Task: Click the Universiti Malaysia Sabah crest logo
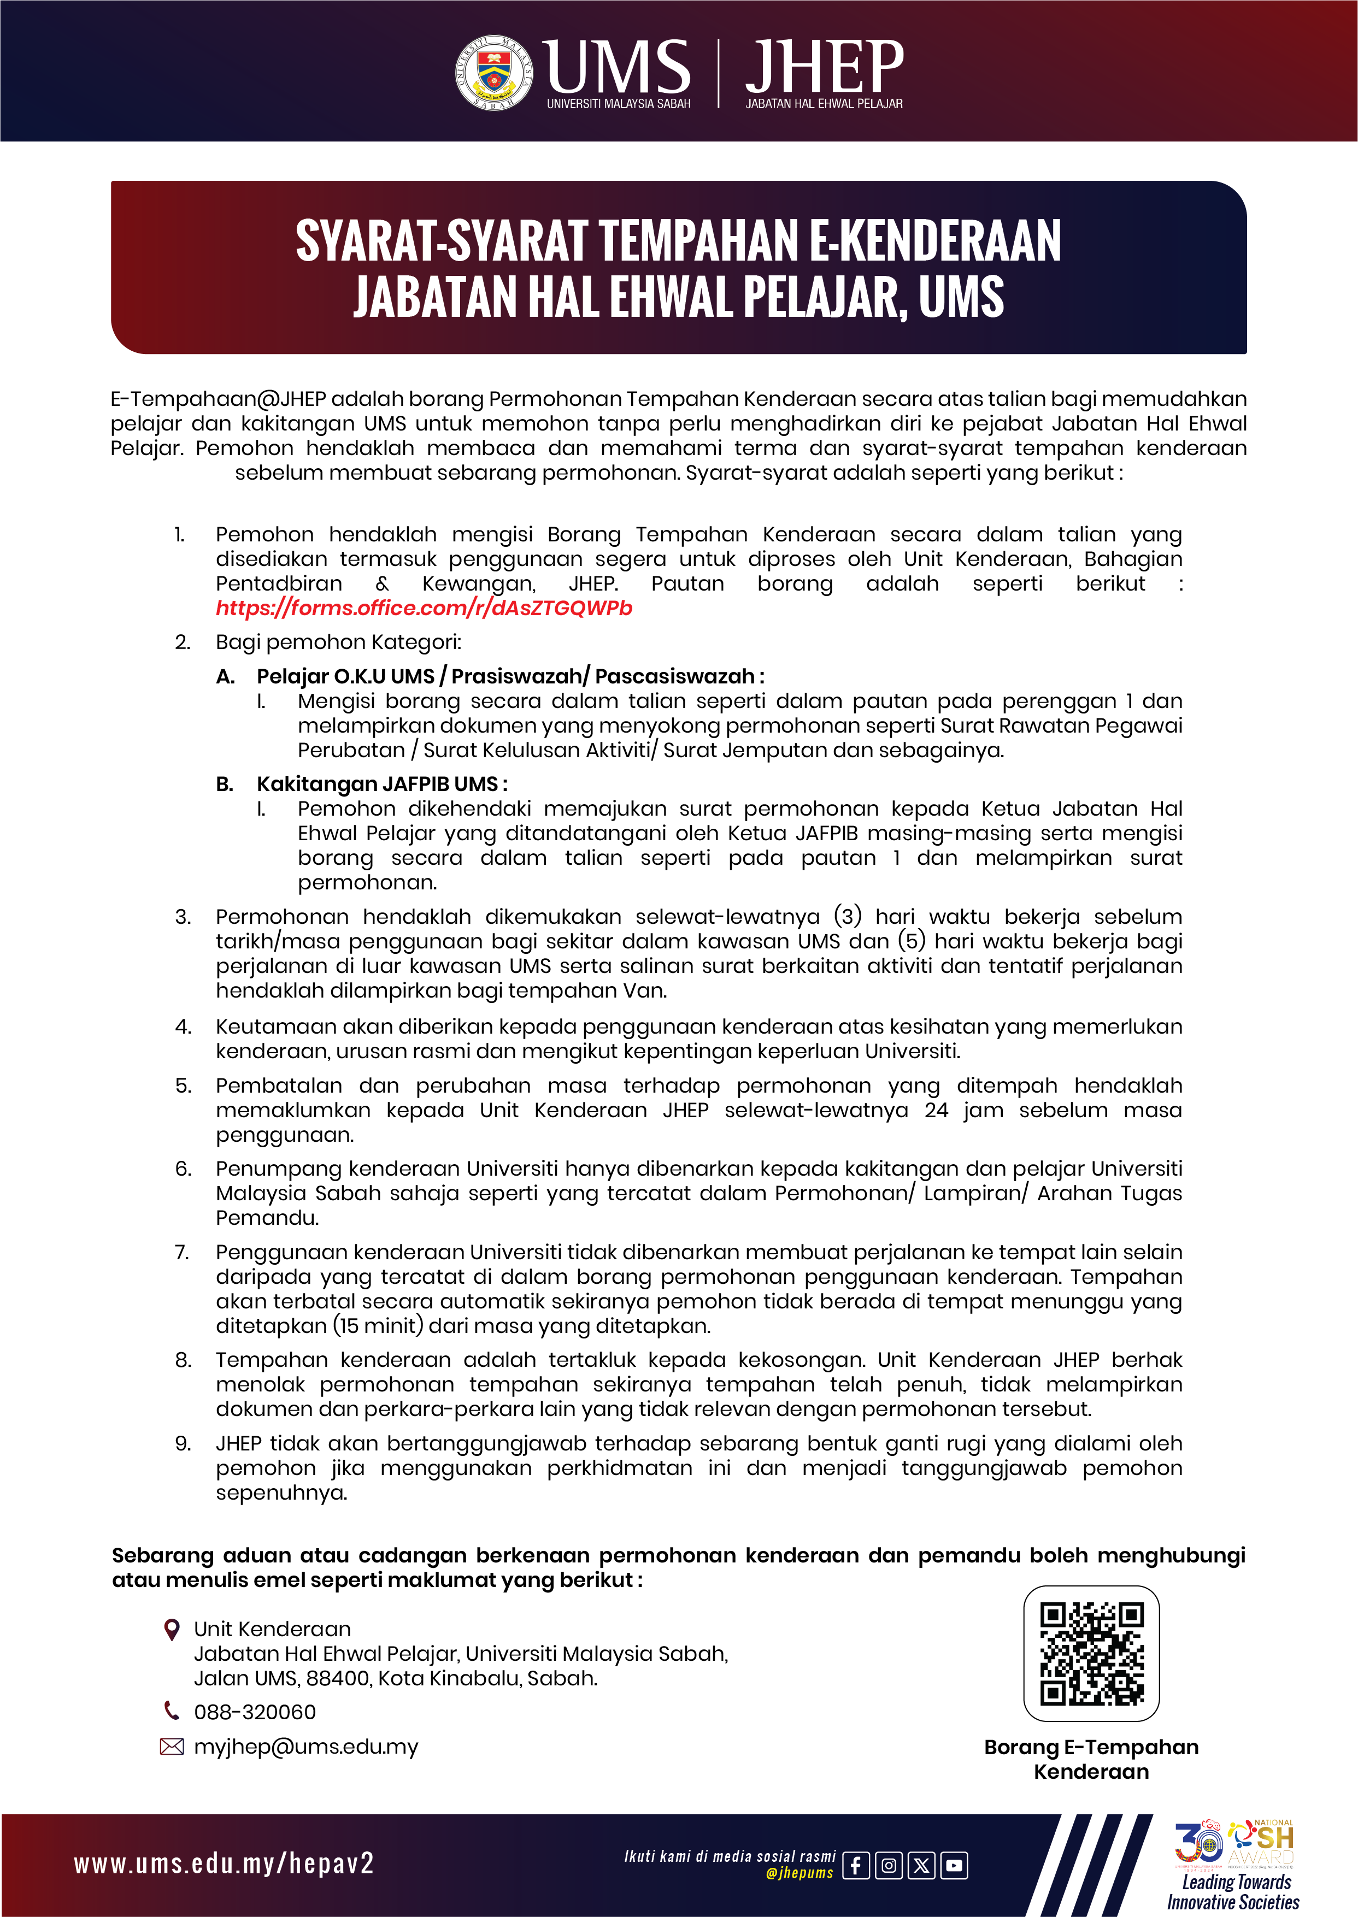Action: click(494, 73)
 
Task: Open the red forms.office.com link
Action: click(424, 608)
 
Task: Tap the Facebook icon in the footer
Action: click(855, 1865)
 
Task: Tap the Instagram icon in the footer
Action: click(888, 1865)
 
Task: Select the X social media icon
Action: click(921, 1865)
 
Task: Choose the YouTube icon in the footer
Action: click(954, 1865)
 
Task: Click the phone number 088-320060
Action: click(255, 1712)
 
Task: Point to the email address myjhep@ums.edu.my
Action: click(306, 1747)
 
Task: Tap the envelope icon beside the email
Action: click(172, 1747)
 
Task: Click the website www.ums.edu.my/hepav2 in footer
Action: click(224, 1863)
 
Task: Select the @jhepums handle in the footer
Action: click(799, 1873)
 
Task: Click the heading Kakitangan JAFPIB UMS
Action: click(381, 784)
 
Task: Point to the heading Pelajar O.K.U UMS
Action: click(346, 676)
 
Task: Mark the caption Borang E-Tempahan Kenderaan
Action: click(1091, 1759)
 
